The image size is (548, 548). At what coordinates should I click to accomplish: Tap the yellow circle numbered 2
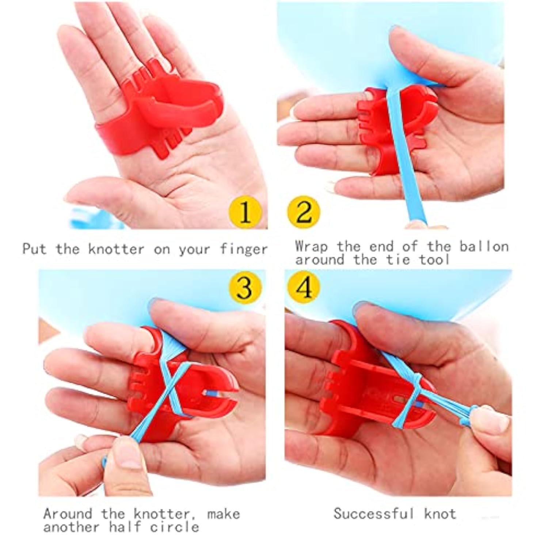(303, 212)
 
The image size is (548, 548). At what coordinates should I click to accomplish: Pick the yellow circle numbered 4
(304, 287)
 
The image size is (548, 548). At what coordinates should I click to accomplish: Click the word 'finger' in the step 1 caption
(244, 250)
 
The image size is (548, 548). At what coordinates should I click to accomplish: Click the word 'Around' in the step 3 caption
(68, 514)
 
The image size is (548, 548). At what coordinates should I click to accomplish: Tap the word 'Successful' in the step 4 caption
(374, 514)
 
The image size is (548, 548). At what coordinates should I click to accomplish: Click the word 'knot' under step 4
(440, 514)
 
